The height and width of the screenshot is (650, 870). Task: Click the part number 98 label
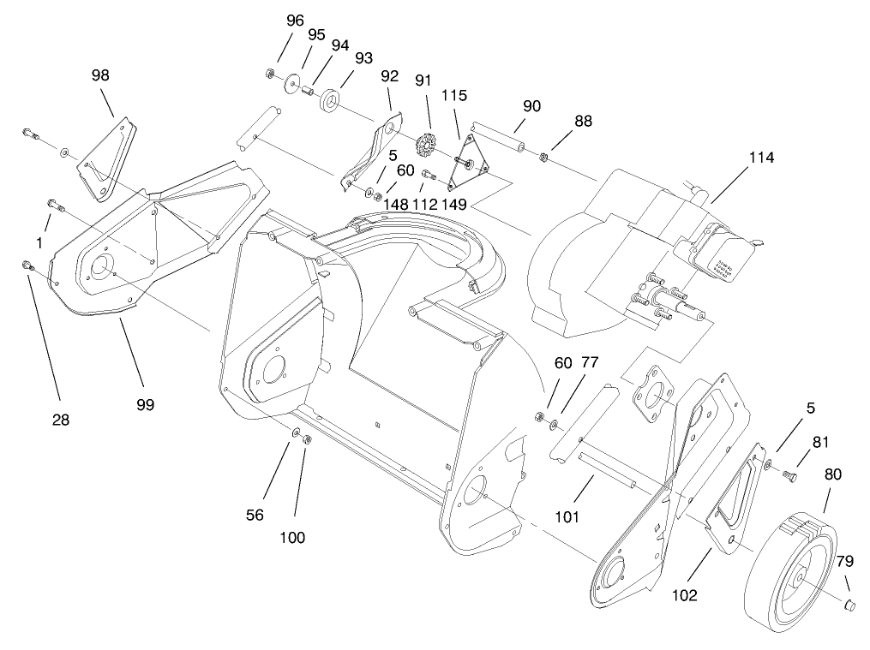click(x=100, y=75)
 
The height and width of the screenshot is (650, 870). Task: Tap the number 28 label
click(x=60, y=420)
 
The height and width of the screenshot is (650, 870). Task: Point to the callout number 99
click(x=145, y=404)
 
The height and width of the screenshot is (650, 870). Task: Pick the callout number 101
click(x=567, y=516)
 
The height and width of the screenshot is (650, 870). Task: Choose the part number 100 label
click(x=291, y=537)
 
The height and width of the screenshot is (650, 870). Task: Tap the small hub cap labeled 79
click(x=851, y=606)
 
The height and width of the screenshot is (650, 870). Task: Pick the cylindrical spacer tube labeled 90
click(x=501, y=137)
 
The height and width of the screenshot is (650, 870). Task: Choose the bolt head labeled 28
click(x=27, y=265)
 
